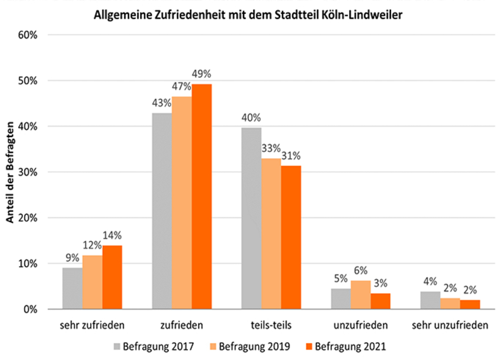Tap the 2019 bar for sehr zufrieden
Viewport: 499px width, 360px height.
point(92,282)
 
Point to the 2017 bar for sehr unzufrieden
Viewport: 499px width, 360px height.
point(430,300)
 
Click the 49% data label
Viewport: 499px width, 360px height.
point(201,75)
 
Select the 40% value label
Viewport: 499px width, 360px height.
point(251,118)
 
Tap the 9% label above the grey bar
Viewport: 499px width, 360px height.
point(72,258)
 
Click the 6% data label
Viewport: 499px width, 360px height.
point(361,271)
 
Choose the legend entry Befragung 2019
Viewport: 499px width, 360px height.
point(254,347)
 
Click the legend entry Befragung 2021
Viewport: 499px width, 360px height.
point(350,347)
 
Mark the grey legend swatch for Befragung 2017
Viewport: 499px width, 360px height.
point(117,347)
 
